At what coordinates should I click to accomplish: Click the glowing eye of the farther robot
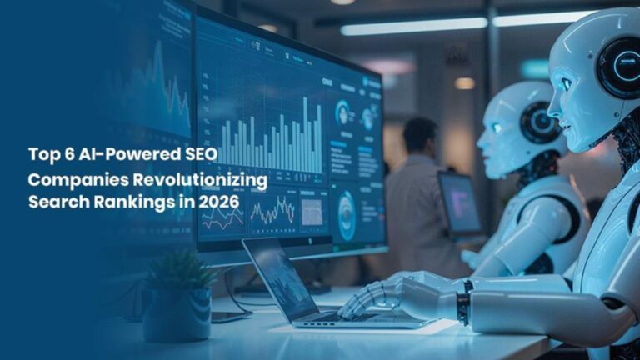(497, 127)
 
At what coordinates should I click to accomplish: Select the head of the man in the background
(420, 135)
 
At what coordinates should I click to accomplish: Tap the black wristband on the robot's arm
(462, 304)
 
